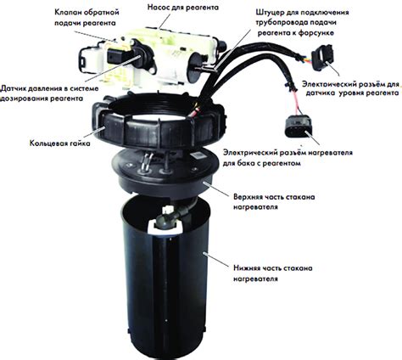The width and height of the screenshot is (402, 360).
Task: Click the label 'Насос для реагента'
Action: coord(183,7)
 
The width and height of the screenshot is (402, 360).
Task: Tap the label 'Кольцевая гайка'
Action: coord(60,143)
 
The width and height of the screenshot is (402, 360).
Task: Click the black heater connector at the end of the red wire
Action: coord(299,127)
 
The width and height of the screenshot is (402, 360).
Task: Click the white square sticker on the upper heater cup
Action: coord(198,155)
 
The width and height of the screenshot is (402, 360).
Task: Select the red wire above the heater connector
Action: coord(296,103)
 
